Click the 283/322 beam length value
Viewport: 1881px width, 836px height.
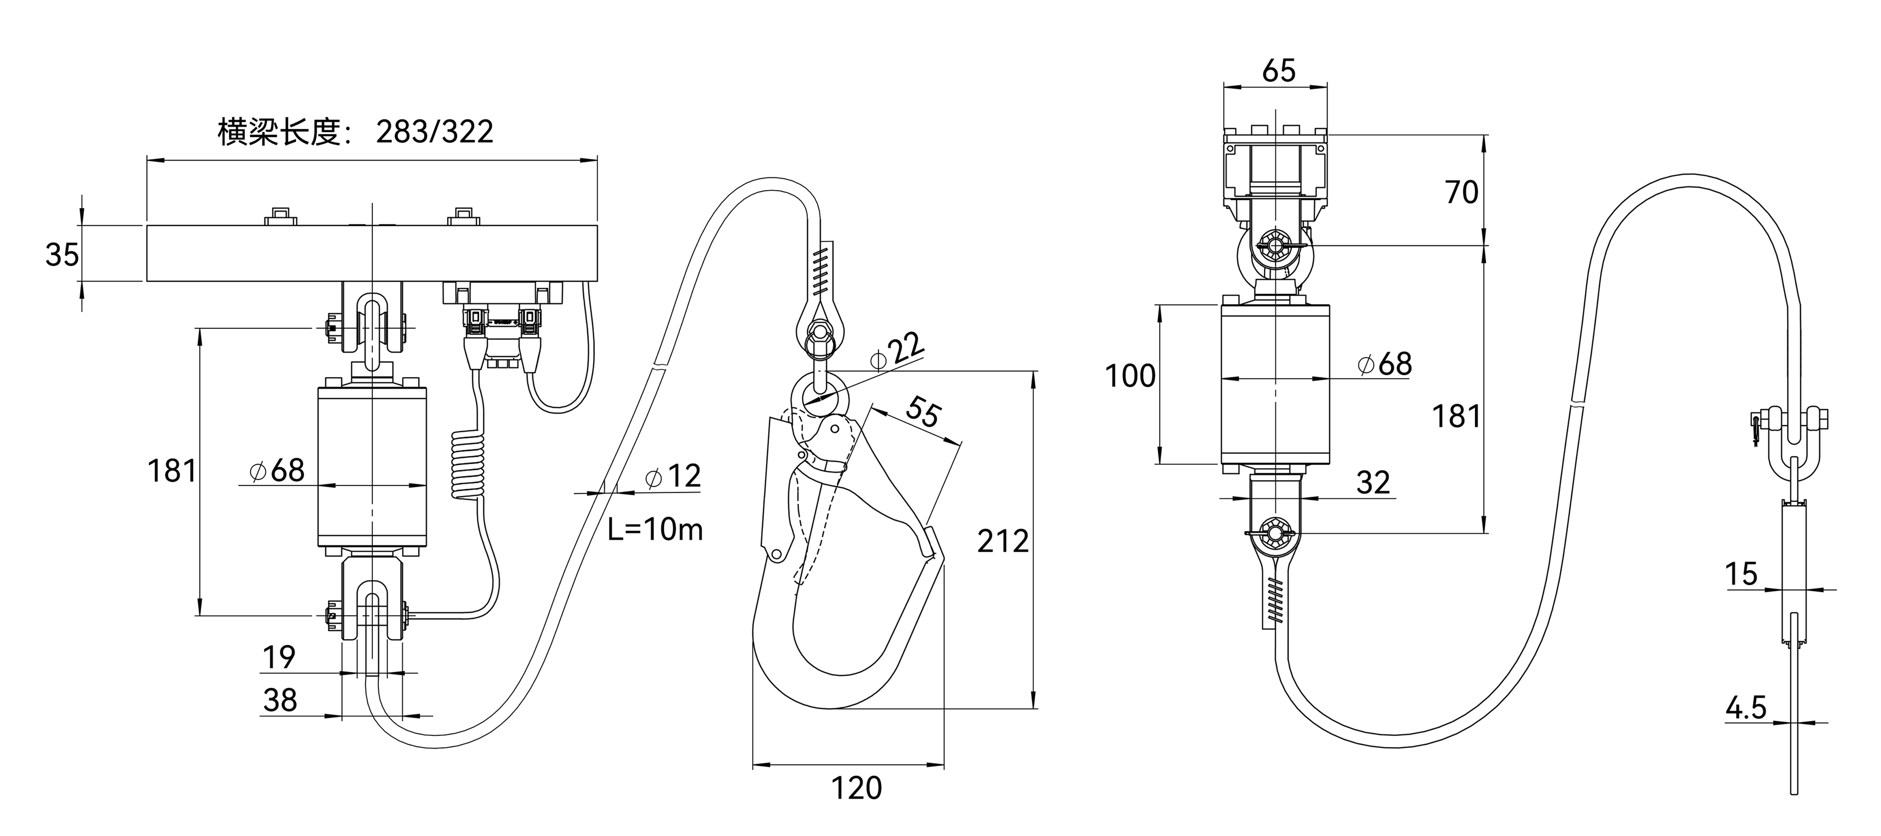pos(435,132)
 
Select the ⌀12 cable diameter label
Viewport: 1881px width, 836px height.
pos(673,476)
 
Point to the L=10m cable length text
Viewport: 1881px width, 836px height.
pos(655,529)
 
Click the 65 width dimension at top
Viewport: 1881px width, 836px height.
pos(1278,71)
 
